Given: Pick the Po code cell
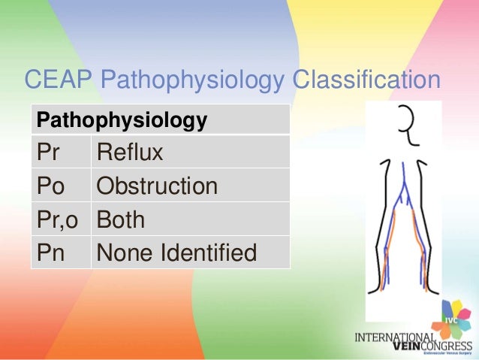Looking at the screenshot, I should pos(49,186).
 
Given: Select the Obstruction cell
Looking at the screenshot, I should pos(157,186).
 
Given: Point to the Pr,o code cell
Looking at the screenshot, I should pos(59,219).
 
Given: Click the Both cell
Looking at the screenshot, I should pos(121,219).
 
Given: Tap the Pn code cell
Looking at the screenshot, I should pos(49,253).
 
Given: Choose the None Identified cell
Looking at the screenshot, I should pos(176,253).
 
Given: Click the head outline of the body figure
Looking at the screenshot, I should pos(405,123).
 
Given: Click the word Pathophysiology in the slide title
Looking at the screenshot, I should pos(195,80).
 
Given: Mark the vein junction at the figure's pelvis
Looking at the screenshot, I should pos(405,197).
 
